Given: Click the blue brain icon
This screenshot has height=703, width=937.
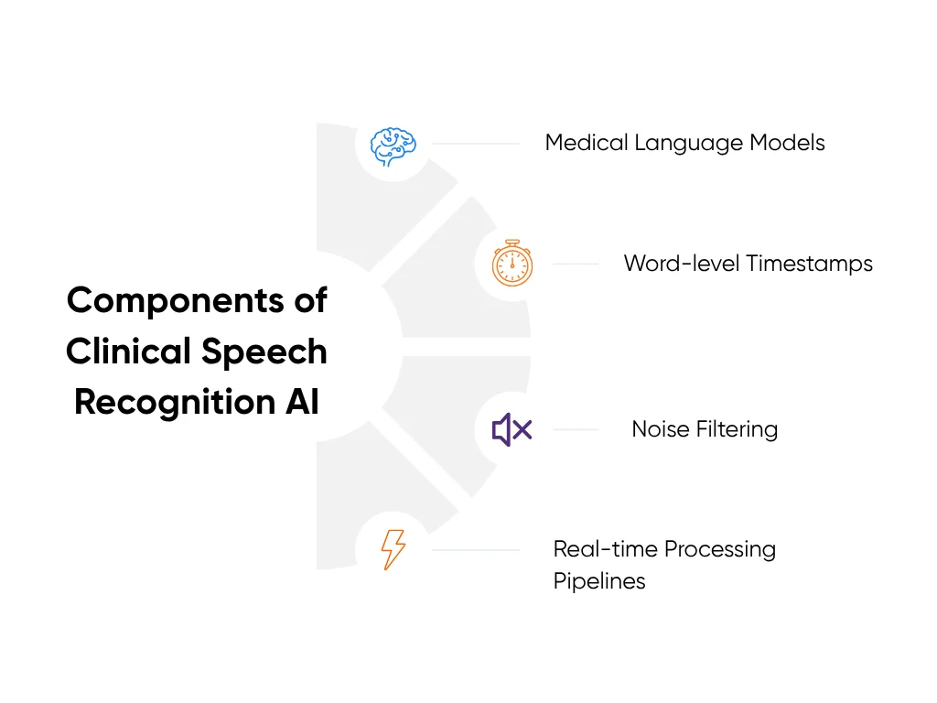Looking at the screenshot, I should tap(393, 146).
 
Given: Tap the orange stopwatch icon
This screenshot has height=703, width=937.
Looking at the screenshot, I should tap(512, 264).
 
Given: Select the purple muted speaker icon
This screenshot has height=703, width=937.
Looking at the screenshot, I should tap(512, 429).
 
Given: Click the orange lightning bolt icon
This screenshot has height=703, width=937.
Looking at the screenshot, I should tap(393, 549).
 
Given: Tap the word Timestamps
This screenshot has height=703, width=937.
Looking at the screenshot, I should tap(810, 264).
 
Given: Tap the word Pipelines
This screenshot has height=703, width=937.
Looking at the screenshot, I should tap(599, 581).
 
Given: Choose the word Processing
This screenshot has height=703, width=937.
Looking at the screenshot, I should tap(720, 549).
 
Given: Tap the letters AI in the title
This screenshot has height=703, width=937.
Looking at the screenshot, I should tap(301, 403).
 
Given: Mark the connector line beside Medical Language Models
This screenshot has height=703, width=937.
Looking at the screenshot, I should tap(475, 144).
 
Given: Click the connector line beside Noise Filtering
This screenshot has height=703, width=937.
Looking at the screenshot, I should tap(576, 429).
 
